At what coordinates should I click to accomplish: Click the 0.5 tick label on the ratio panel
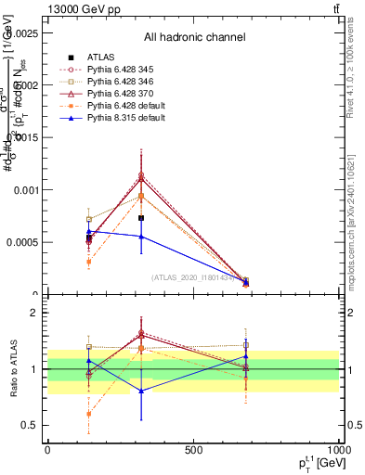click(33, 425)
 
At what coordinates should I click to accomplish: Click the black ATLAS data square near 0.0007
click(141, 218)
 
